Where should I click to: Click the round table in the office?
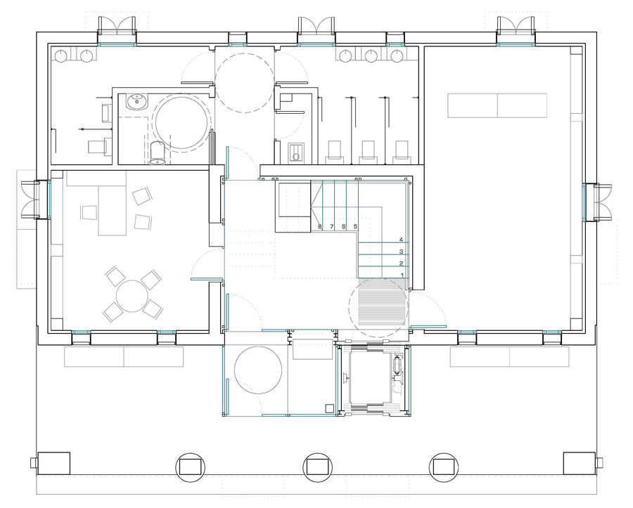(132, 297)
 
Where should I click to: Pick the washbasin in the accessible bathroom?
(137, 102)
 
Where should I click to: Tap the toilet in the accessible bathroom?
(157, 152)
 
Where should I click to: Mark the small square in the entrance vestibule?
(330, 408)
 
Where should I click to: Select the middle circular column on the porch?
(317, 467)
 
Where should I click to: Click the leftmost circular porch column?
(190, 467)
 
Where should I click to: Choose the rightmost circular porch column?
(444, 467)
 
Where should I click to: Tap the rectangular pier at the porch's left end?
(53, 464)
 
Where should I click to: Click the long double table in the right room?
(497, 105)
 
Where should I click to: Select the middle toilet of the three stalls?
(368, 152)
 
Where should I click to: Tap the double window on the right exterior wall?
(597, 202)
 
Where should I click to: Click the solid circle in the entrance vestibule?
(258, 370)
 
